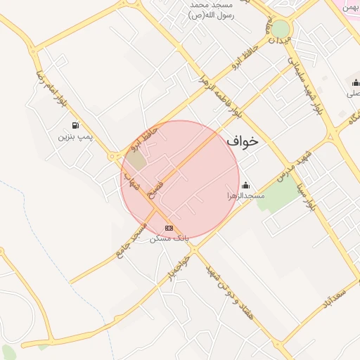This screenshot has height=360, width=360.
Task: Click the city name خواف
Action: (243, 141)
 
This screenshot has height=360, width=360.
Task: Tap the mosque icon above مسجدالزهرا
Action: (245, 186)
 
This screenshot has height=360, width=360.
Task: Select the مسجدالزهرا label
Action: (245, 195)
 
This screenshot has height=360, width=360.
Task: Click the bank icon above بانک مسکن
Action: (169, 228)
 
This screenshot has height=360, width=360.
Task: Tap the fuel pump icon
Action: (75, 125)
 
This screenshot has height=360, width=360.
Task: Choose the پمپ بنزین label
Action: (75, 135)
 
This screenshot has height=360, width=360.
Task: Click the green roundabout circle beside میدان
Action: (280, 29)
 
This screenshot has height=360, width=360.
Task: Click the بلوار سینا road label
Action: (312, 195)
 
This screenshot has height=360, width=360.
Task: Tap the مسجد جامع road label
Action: (134, 238)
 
